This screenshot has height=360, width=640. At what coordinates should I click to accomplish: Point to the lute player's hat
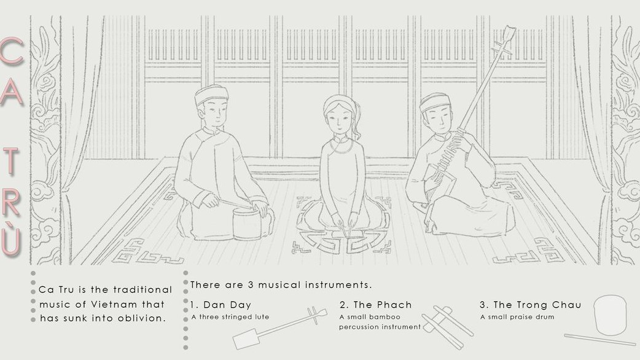(x=435, y=101)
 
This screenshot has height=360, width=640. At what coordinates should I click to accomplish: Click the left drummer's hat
(x=211, y=94)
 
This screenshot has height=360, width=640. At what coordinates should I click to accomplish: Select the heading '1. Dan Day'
(x=220, y=305)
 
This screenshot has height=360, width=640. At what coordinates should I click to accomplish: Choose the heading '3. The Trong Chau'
(x=530, y=305)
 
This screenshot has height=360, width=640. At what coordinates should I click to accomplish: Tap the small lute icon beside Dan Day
(x=279, y=328)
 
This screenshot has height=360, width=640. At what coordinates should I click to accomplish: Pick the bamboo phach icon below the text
(x=447, y=328)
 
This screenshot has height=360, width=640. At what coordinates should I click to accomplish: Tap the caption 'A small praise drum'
(x=517, y=317)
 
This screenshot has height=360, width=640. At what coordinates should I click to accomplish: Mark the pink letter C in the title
(x=12, y=52)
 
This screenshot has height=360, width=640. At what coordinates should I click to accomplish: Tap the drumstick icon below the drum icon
(x=599, y=339)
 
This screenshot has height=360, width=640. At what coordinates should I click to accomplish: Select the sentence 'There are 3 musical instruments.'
(x=281, y=285)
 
